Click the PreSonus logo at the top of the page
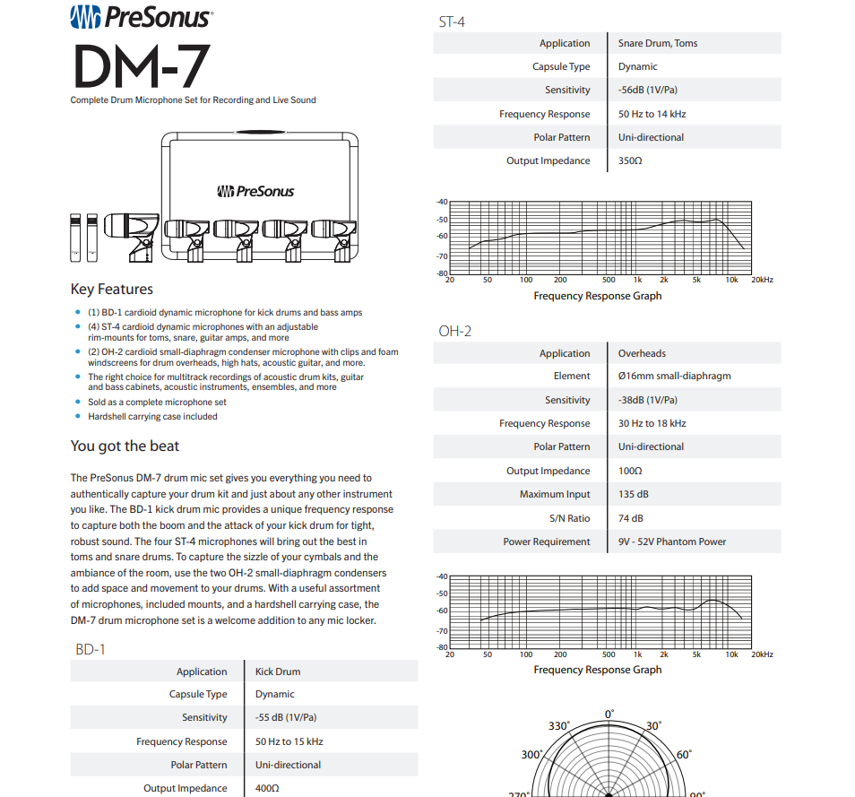[141, 17]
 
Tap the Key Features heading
[112, 290]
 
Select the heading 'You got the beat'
[125, 446]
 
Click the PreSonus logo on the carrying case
[255, 191]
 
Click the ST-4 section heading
[452, 21]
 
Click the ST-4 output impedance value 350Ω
[630, 161]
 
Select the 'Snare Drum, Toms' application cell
[657, 43]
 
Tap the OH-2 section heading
[454, 331]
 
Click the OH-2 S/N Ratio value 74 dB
[630, 518]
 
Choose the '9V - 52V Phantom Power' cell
[672, 541]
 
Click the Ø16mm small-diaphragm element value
[674, 377]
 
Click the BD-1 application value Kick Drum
[278, 671]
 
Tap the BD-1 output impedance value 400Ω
[267, 789]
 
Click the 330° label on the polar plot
[559, 726]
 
